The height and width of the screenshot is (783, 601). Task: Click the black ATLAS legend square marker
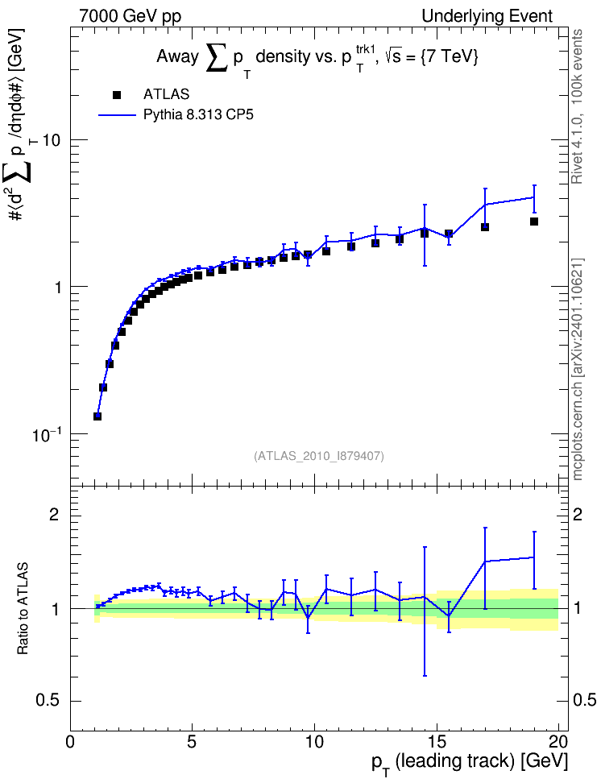[117, 94]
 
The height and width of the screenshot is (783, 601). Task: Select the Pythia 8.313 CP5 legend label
[198, 115]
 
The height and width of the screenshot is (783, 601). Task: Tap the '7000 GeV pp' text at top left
[130, 16]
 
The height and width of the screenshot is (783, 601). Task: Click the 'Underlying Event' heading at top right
[487, 16]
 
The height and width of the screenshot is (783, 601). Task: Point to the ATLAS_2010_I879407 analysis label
[319, 456]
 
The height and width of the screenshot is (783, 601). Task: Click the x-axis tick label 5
[193, 740]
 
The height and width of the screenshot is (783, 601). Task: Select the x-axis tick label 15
[437, 740]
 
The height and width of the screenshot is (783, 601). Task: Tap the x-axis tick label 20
[558, 740]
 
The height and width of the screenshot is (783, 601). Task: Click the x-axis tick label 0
[70, 740]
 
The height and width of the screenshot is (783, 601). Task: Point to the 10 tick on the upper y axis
[51, 140]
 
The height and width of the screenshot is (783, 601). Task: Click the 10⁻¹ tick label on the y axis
[47, 433]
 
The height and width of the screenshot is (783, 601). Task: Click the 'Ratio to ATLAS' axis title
[23, 608]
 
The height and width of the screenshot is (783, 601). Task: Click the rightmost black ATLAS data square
[534, 222]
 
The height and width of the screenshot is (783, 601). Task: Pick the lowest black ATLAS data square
[97, 416]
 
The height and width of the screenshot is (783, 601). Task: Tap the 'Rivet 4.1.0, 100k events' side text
[577, 106]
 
